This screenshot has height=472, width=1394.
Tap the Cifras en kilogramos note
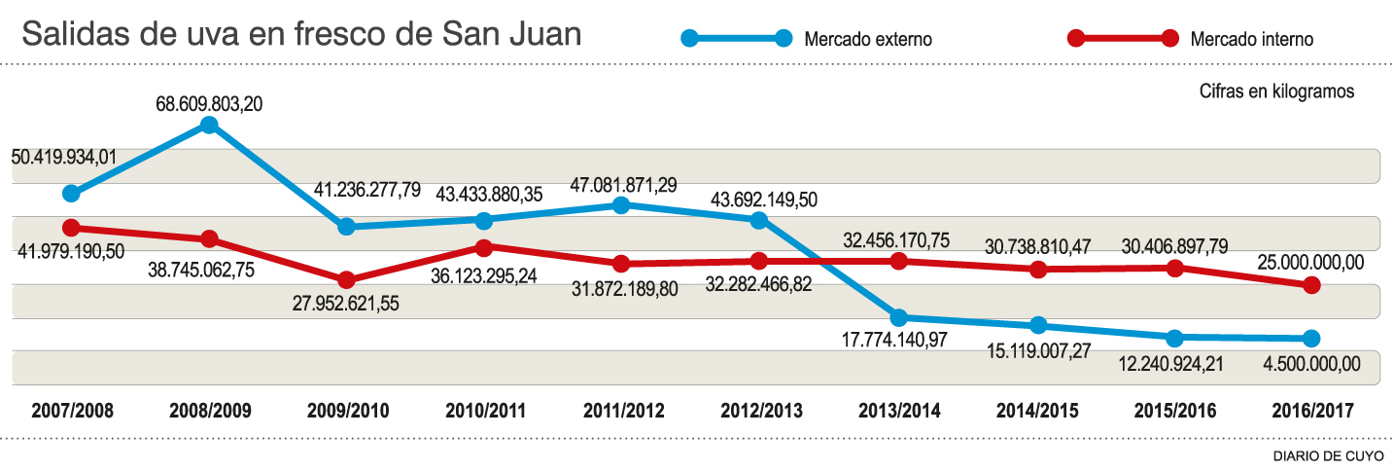tap(1276, 91)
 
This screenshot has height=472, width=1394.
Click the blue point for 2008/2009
tap(208, 125)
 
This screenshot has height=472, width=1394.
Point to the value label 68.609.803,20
tap(209, 103)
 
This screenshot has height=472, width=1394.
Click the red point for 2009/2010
tap(346, 280)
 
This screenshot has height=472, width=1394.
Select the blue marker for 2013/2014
tap(899, 317)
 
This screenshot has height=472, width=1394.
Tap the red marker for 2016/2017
tap(1311, 285)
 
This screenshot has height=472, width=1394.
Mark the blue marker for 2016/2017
tap(1311, 339)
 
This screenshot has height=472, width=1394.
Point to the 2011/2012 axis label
tap(624, 411)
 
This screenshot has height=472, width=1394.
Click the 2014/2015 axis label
tap(1037, 411)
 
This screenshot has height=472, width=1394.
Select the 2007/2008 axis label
tap(72, 411)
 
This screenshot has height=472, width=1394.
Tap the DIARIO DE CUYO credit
tap(1329, 455)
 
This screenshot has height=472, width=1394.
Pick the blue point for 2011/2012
tap(622, 205)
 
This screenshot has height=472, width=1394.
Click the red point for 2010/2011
tap(484, 246)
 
